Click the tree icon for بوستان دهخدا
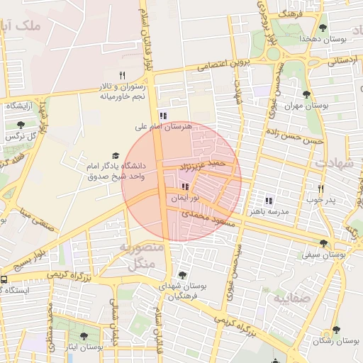click(x=323, y=28)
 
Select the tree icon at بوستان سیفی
click(x=323, y=242)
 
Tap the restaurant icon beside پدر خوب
click(x=321, y=189)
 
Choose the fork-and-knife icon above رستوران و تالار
click(x=122, y=76)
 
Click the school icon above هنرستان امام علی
click(x=163, y=116)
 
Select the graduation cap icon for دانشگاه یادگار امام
click(x=115, y=156)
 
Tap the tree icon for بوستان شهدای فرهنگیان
click(x=182, y=274)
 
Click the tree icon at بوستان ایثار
click(x=84, y=336)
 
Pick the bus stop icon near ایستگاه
click(x=4, y=279)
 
